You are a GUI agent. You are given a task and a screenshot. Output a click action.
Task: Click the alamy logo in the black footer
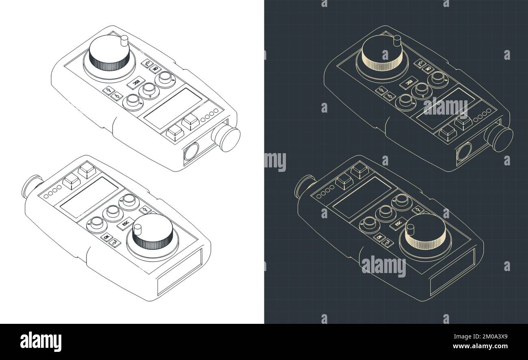tap(41, 341)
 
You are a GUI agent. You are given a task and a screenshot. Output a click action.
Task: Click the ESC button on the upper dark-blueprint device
tap(407, 83)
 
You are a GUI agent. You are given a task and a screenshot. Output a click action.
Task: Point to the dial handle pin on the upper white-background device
tap(124, 41)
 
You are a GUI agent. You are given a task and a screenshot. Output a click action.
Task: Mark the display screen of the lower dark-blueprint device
tap(362, 196)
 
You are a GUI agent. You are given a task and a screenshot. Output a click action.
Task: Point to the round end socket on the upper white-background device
tap(191, 152)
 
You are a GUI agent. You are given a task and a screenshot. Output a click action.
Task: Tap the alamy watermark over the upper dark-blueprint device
tap(445, 106)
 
